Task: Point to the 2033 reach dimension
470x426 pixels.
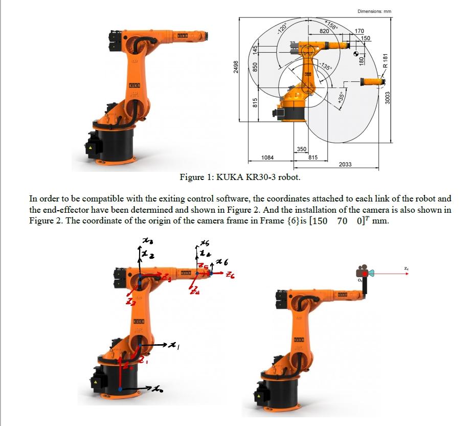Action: pos(345,164)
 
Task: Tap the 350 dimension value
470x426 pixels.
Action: pos(302,149)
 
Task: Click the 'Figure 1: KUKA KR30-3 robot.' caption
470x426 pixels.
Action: pos(240,177)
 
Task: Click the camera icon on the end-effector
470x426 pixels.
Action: pos(365,271)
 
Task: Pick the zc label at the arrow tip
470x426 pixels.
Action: pos(406,267)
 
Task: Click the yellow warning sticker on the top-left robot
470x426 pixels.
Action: pos(94,146)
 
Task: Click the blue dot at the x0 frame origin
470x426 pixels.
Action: pos(120,389)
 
